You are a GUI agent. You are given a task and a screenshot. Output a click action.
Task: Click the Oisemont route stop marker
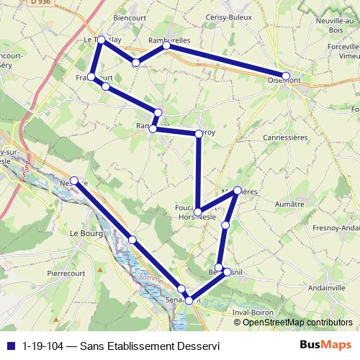[x=286, y=76]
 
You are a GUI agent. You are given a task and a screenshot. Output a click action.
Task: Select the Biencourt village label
[x=130, y=19]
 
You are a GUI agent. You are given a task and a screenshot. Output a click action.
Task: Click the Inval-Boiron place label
[x=256, y=312]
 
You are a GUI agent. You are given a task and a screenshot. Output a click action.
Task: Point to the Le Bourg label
[x=84, y=233]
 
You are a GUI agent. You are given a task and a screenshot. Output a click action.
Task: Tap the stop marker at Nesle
[x=74, y=181]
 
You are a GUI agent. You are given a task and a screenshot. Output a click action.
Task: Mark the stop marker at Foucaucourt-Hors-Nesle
[x=198, y=212]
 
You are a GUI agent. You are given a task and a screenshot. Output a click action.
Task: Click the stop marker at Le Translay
[x=102, y=40]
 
